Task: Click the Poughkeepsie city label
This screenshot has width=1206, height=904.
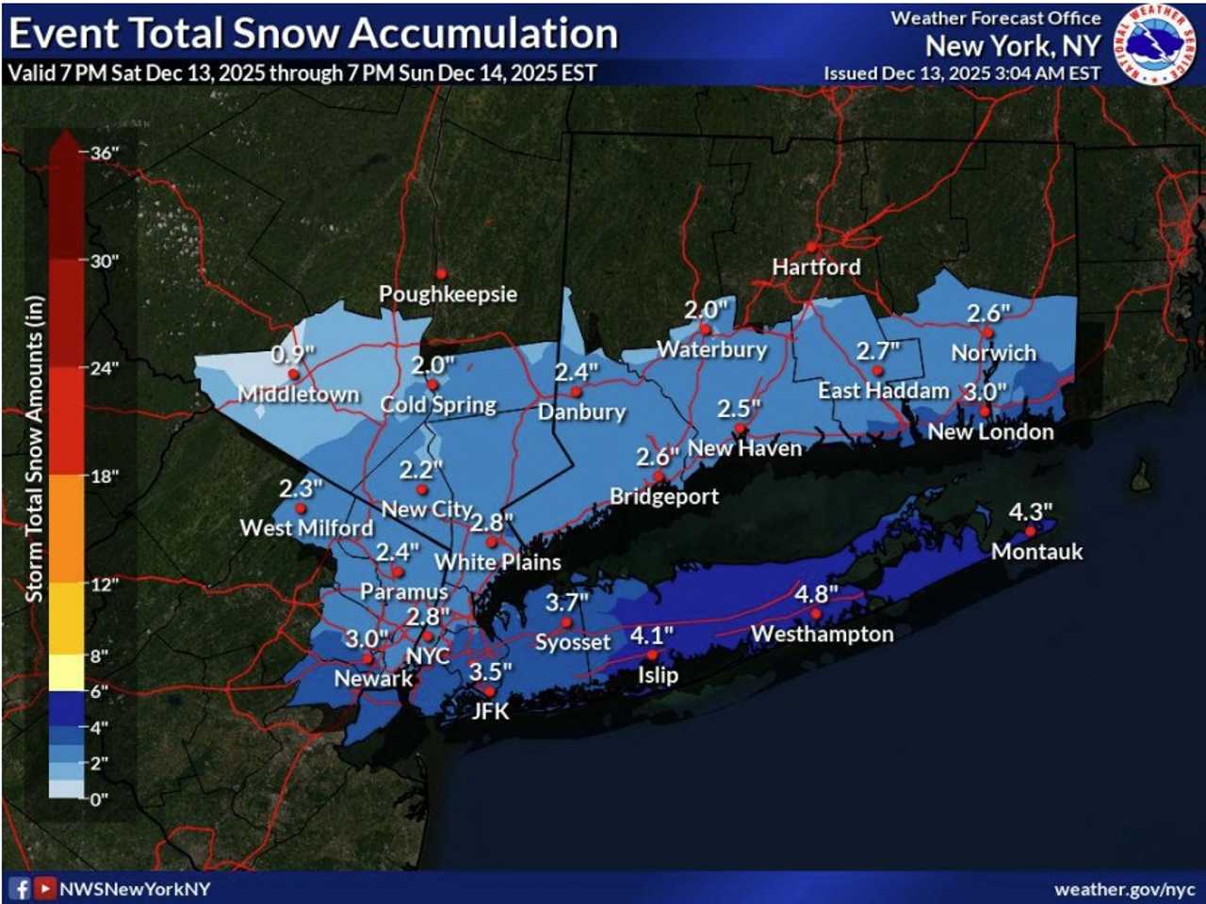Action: [448, 294]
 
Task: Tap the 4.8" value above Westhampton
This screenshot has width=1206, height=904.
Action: [816, 594]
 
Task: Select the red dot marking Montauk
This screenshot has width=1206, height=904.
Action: [1030, 532]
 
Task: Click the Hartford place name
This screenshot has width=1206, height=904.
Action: [816, 266]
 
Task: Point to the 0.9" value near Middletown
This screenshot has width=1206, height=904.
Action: [293, 355]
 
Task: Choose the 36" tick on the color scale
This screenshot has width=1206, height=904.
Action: [105, 153]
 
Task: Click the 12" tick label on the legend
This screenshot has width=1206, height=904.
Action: [105, 584]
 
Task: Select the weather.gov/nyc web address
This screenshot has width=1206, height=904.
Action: [1124, 889]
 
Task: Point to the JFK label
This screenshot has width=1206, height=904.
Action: [490, 711]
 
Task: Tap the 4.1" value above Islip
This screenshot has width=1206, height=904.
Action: [652, 636]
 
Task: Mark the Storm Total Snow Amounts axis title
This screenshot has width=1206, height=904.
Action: [35, 449]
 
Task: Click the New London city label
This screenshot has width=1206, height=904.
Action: [990, 432]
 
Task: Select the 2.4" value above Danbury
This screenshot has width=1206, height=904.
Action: [576, 373]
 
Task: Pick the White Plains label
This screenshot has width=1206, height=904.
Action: [497, 562]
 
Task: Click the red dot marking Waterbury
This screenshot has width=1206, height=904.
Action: [706, 330]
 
